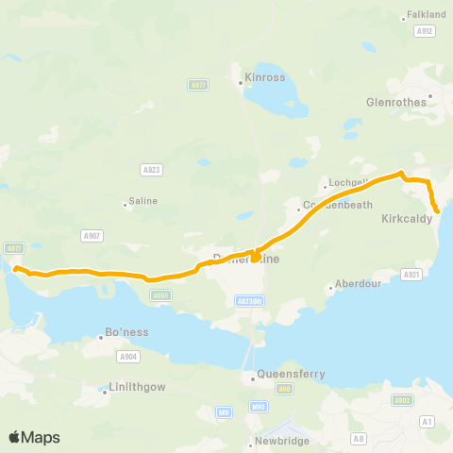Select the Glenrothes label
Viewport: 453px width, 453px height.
point(396,102)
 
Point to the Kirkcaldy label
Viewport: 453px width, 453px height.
point(407,218)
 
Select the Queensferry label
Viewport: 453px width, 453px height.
point(293,374)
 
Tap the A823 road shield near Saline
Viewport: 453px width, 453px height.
point(151,170)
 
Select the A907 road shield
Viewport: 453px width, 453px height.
point(92,235)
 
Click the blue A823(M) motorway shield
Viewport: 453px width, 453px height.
point(249,300)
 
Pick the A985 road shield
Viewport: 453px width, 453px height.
point(160,295)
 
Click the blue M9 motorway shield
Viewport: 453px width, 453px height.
point(224,411)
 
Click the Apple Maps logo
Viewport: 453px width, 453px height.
point(34,437)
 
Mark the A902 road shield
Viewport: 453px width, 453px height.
point(403,399)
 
